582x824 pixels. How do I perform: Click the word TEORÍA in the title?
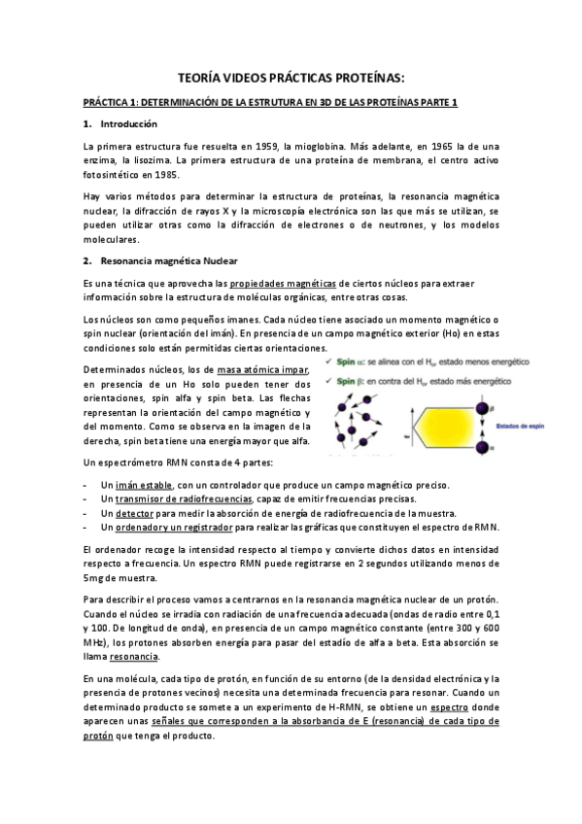(x=204, y=77)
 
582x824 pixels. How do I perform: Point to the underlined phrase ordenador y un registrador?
(x=167, y=527)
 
